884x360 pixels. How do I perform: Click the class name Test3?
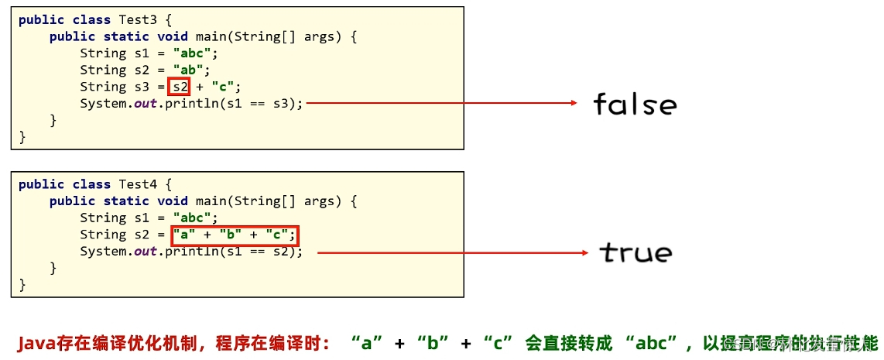(137, 19)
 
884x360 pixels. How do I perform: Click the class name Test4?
(137, 184)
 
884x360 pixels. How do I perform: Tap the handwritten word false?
(635, 104)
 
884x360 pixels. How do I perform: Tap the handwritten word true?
(636, 252)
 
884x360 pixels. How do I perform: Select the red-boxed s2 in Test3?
(180, 87)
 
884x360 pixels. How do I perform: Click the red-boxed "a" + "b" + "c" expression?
(234, 235)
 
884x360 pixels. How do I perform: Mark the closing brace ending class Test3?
(22, 137)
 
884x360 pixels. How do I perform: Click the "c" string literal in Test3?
(226, 87)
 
